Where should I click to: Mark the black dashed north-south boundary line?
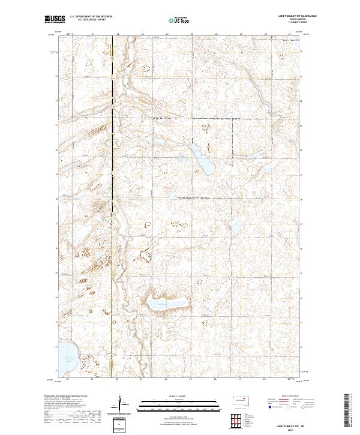click(x=113, y=204)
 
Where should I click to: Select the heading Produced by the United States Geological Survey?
click(x=66, y=397)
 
